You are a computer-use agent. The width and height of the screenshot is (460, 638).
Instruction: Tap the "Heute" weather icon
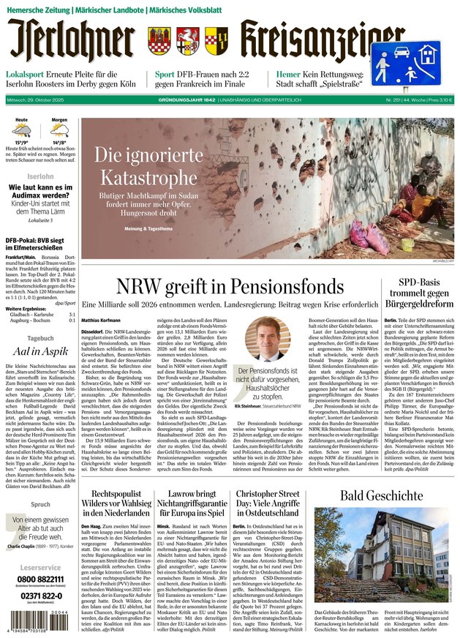(22, 130)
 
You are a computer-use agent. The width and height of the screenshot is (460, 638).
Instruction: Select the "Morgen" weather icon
(59, 130)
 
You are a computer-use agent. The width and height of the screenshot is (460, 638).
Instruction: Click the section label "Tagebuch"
(40, 338)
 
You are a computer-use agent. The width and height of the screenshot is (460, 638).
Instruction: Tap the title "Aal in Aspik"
(40, 351)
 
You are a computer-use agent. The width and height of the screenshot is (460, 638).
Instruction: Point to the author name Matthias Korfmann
(101, 320)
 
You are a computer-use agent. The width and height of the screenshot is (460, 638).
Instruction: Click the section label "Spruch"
(40, 504)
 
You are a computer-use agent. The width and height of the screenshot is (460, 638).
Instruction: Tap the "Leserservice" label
(40, 566)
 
